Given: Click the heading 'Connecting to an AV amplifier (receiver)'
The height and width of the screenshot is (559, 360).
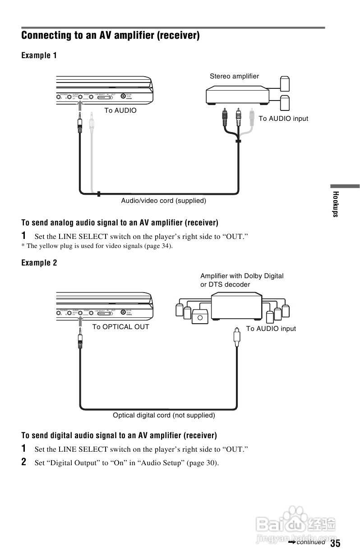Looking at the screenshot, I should pyautogui.click(x=111, y=35).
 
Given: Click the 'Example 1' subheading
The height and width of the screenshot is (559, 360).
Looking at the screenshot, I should pyautogui.click(x=39, y=55).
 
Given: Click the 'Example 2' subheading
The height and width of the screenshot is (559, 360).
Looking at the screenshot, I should pyautogui.click(x=39, y=263).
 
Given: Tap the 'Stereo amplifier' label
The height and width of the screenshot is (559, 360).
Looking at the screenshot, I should pyautogui.click(x=234, y=76).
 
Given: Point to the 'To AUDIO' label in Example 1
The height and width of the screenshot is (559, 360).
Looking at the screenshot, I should pyautogui.click(x=120, y=110).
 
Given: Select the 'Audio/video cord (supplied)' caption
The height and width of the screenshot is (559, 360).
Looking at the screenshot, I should pyautogui.click(x=163, y=201).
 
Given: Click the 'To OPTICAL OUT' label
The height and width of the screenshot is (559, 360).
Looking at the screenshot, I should pyautogui.click(x=120, y=327).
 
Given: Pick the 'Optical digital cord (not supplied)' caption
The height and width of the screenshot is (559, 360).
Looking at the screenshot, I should pyautogui.click(x=164, y=415).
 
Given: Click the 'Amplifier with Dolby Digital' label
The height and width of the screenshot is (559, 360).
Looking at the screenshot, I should pyautogui.click(x=242, y=276).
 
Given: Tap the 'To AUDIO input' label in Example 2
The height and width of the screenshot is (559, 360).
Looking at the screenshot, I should pyautogui.click(x=271, y=329).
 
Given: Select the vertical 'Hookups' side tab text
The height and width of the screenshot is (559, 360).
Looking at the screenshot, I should pyautogui.click(x=335, y=204).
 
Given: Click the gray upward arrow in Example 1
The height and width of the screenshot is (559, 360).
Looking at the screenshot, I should pyautogui.click(x=79, y=105).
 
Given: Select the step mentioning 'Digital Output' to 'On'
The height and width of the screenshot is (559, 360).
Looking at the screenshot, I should pyautogui.click(x=126, y=463).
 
